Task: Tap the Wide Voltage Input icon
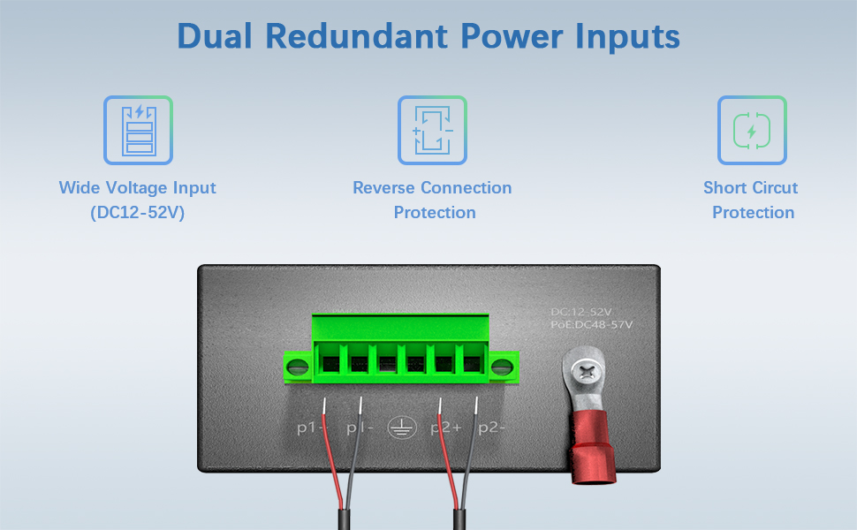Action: pos(138,130)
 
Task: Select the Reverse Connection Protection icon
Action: pos(432,130)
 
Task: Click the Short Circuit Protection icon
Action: pos(752,130)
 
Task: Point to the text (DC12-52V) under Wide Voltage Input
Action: pos(137,213)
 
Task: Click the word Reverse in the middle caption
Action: pos(383,188)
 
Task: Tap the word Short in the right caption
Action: pos(725,188)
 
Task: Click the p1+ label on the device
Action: pos(311,428)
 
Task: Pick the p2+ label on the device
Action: pos(445,428)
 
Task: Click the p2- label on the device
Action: pos(492,428)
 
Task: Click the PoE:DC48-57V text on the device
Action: pos(591,325)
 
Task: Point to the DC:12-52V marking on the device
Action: pos(580,312)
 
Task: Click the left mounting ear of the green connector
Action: pos(298,366)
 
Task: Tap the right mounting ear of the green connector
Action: pos(504,366)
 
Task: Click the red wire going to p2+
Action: pos(450,468)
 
